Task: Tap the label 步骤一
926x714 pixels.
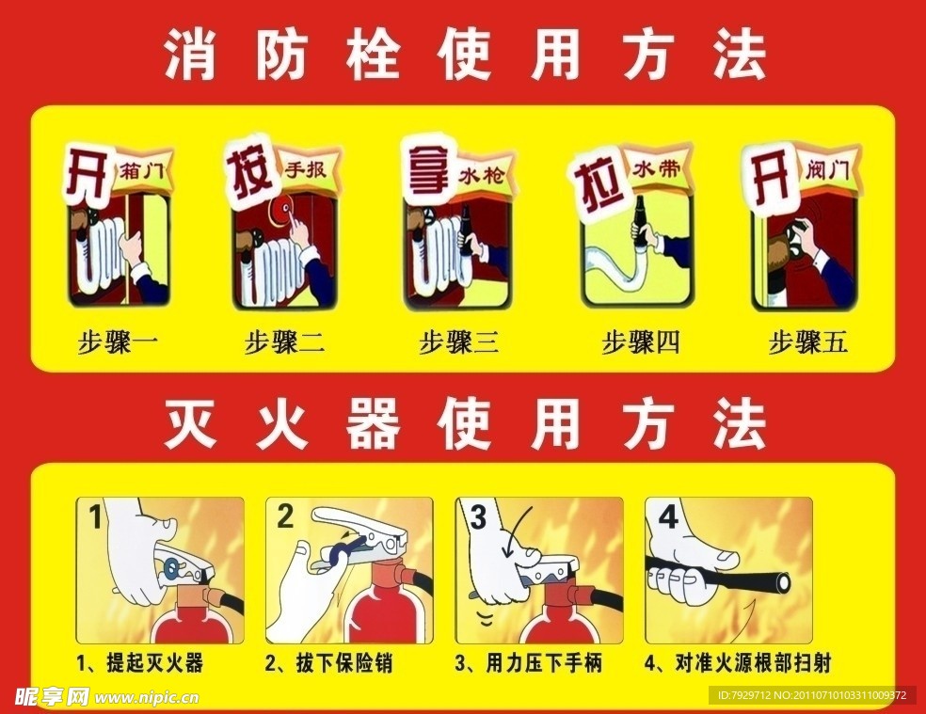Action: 118,341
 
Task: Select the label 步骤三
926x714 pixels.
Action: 458,341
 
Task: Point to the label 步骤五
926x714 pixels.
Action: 808,341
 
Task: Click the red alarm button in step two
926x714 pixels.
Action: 279,213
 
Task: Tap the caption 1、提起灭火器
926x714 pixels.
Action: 141,663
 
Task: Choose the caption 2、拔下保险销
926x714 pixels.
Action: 328,663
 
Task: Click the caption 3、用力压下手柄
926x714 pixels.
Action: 528,663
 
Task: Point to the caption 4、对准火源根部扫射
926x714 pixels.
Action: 737,663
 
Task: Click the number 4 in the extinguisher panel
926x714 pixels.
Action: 668,518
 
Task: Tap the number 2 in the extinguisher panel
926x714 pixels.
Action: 285,515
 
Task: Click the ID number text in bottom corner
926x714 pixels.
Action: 811,696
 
